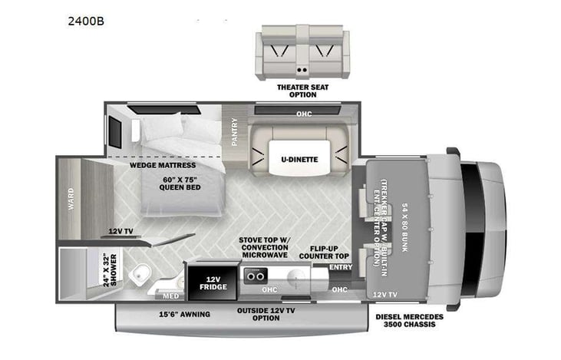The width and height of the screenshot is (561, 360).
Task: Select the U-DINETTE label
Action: (299, 159)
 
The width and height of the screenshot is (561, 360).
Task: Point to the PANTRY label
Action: (235, 131)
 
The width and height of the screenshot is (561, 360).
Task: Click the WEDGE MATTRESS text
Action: (162, 164)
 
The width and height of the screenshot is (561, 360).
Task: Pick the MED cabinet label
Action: (170, 295)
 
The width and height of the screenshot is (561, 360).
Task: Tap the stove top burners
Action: (256, 273)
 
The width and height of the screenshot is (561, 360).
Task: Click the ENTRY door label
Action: (340, 267)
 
